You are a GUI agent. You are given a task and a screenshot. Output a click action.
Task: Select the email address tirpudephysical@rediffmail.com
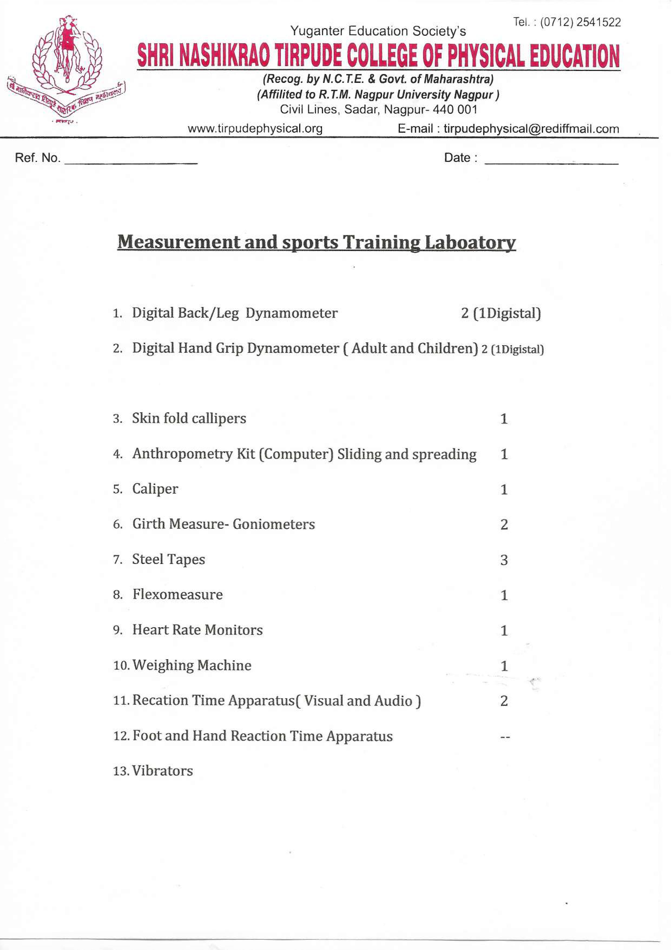tap(531, 129)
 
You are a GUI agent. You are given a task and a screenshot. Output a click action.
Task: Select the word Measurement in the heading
tap(179, 243)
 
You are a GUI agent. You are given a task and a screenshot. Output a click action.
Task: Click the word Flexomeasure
tap(177, 595)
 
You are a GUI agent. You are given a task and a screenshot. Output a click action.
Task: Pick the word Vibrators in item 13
tap(163, 771)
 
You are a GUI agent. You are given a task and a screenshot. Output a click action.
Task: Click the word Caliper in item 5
tap(155, 489)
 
